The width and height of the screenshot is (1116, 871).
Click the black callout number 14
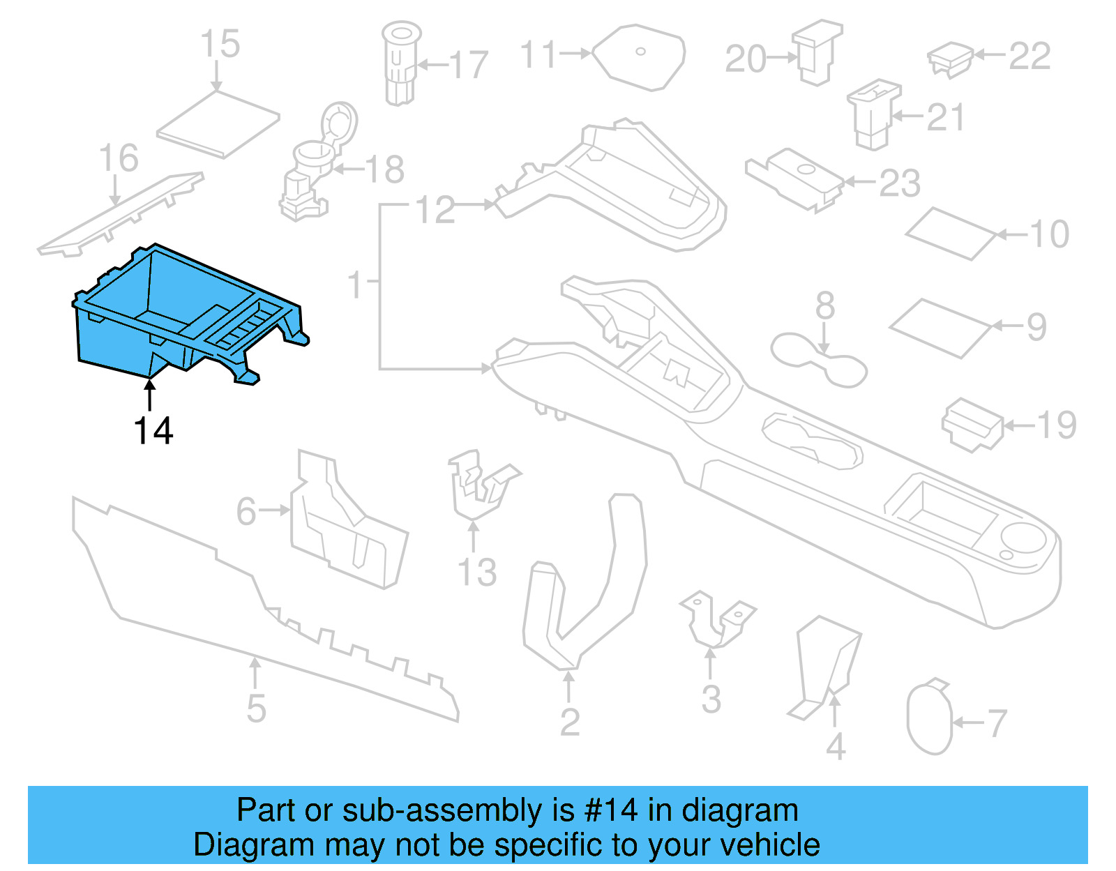[x=153, y=431]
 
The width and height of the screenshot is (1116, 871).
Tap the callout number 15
[x=220, y=44]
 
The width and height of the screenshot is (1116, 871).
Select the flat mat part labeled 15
[x=218, y=124]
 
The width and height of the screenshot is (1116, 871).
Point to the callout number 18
[x=384, y=169]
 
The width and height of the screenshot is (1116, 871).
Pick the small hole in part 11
[x=640, y=51]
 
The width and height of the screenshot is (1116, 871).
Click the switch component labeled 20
[x=817, y=52]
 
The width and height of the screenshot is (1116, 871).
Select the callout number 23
[x=900, y=183]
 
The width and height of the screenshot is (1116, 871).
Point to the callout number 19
[x=1056, y=425]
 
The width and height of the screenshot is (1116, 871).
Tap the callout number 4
[x=836, y=746]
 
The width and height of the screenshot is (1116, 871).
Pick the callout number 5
[x=256, y=709]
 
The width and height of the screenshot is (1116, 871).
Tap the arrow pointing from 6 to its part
[x=275, y=510]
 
